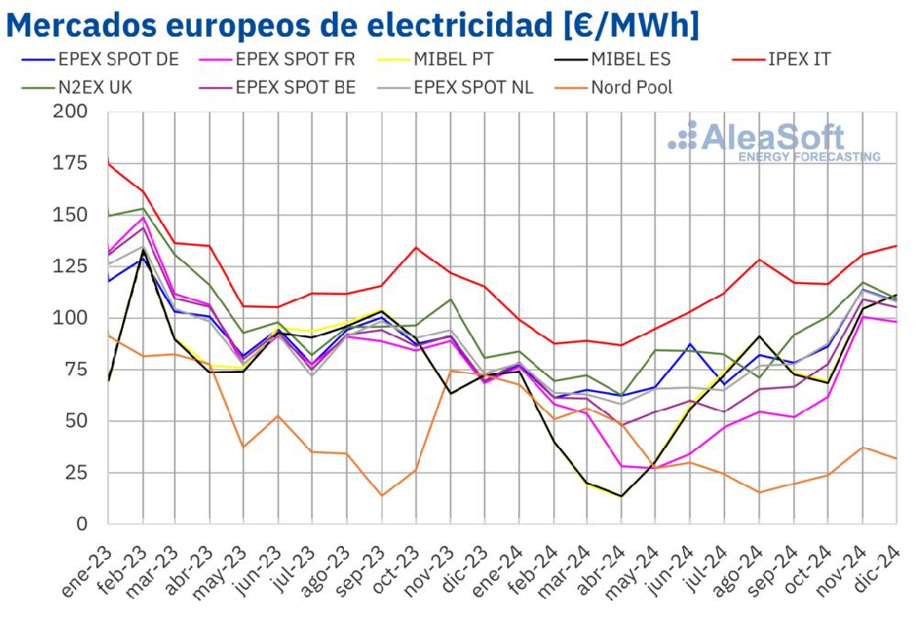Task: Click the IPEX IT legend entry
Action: click(x=789, y=60)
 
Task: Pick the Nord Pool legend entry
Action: click(x=632, y=88)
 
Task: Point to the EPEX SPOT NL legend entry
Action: click(x=471, y=88)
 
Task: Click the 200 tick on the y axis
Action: click(x=72, y=112)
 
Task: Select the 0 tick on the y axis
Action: click(x=82, y=524)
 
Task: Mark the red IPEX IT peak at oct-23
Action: click(x=416, y=247)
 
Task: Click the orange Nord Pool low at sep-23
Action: click(x=381, y=496)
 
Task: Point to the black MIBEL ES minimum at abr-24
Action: click(x=622, y=496)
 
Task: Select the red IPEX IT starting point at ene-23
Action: click(x=108, y=162)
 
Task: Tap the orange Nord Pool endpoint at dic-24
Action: click(x=896, y=458)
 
